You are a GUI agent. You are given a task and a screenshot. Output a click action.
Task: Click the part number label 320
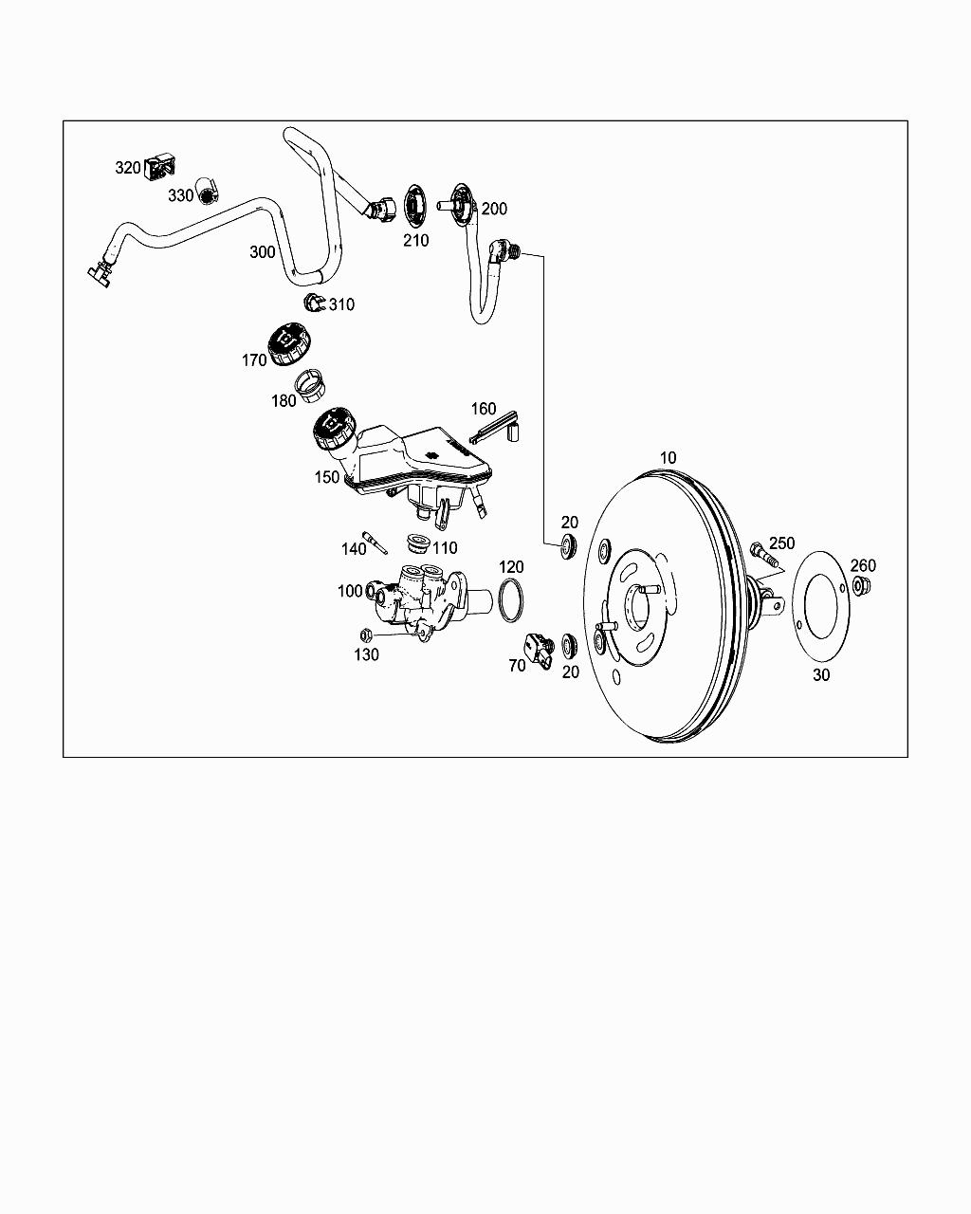[x=127, y=168]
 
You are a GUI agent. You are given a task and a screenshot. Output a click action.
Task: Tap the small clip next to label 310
[x=314, y=302]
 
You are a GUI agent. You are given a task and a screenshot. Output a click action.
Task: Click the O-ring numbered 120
[x=510, y=599]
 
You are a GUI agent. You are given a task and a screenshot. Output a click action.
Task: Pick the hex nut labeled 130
[x=365, y=635]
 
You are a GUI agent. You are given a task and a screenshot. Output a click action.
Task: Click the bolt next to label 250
[x=763, y=554]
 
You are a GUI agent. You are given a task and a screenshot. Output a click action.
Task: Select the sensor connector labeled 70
[x=540, y=650]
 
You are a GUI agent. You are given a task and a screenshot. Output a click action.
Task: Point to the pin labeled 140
[x=375, y=543]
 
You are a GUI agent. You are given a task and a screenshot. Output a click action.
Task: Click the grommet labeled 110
[x=418, y=543]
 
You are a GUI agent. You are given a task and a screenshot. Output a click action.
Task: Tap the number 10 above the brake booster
[x=668, y=457]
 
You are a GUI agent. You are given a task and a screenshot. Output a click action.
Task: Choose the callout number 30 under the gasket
[x=821, y=674]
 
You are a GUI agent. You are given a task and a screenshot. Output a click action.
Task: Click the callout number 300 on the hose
[x=263, y=251]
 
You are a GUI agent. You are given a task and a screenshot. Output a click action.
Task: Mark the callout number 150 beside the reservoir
[x=327, y=477]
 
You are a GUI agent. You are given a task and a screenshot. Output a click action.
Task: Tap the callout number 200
[x=494, y=209]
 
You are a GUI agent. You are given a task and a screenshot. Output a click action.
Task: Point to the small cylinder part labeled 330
[x=208, y=192]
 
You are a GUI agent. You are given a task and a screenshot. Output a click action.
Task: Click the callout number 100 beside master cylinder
[x=350, y=591]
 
